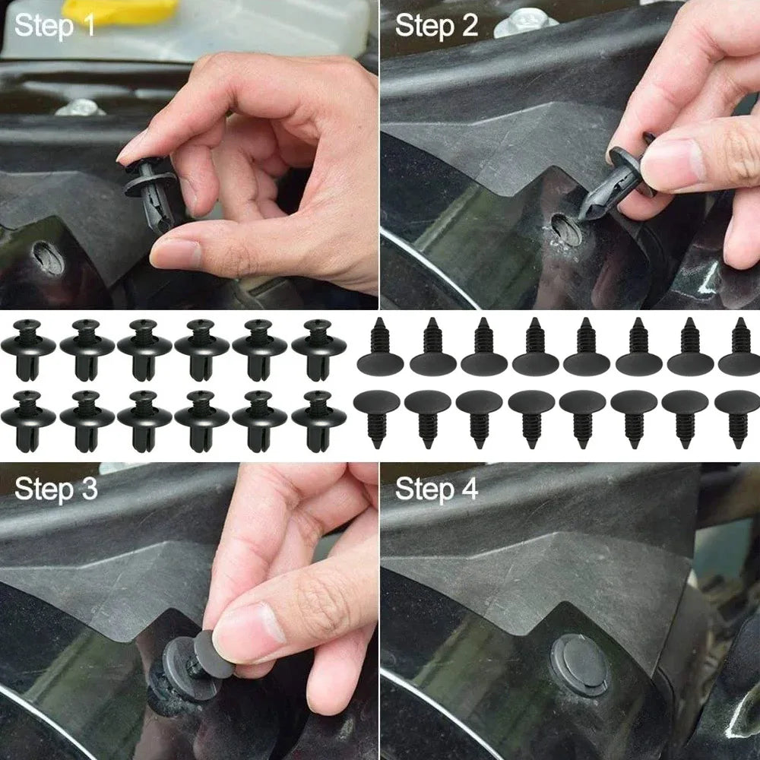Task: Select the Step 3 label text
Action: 56,489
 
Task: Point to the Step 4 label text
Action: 436,489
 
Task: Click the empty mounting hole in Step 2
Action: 566,228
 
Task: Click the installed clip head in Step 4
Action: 579,663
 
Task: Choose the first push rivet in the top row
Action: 28,348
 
